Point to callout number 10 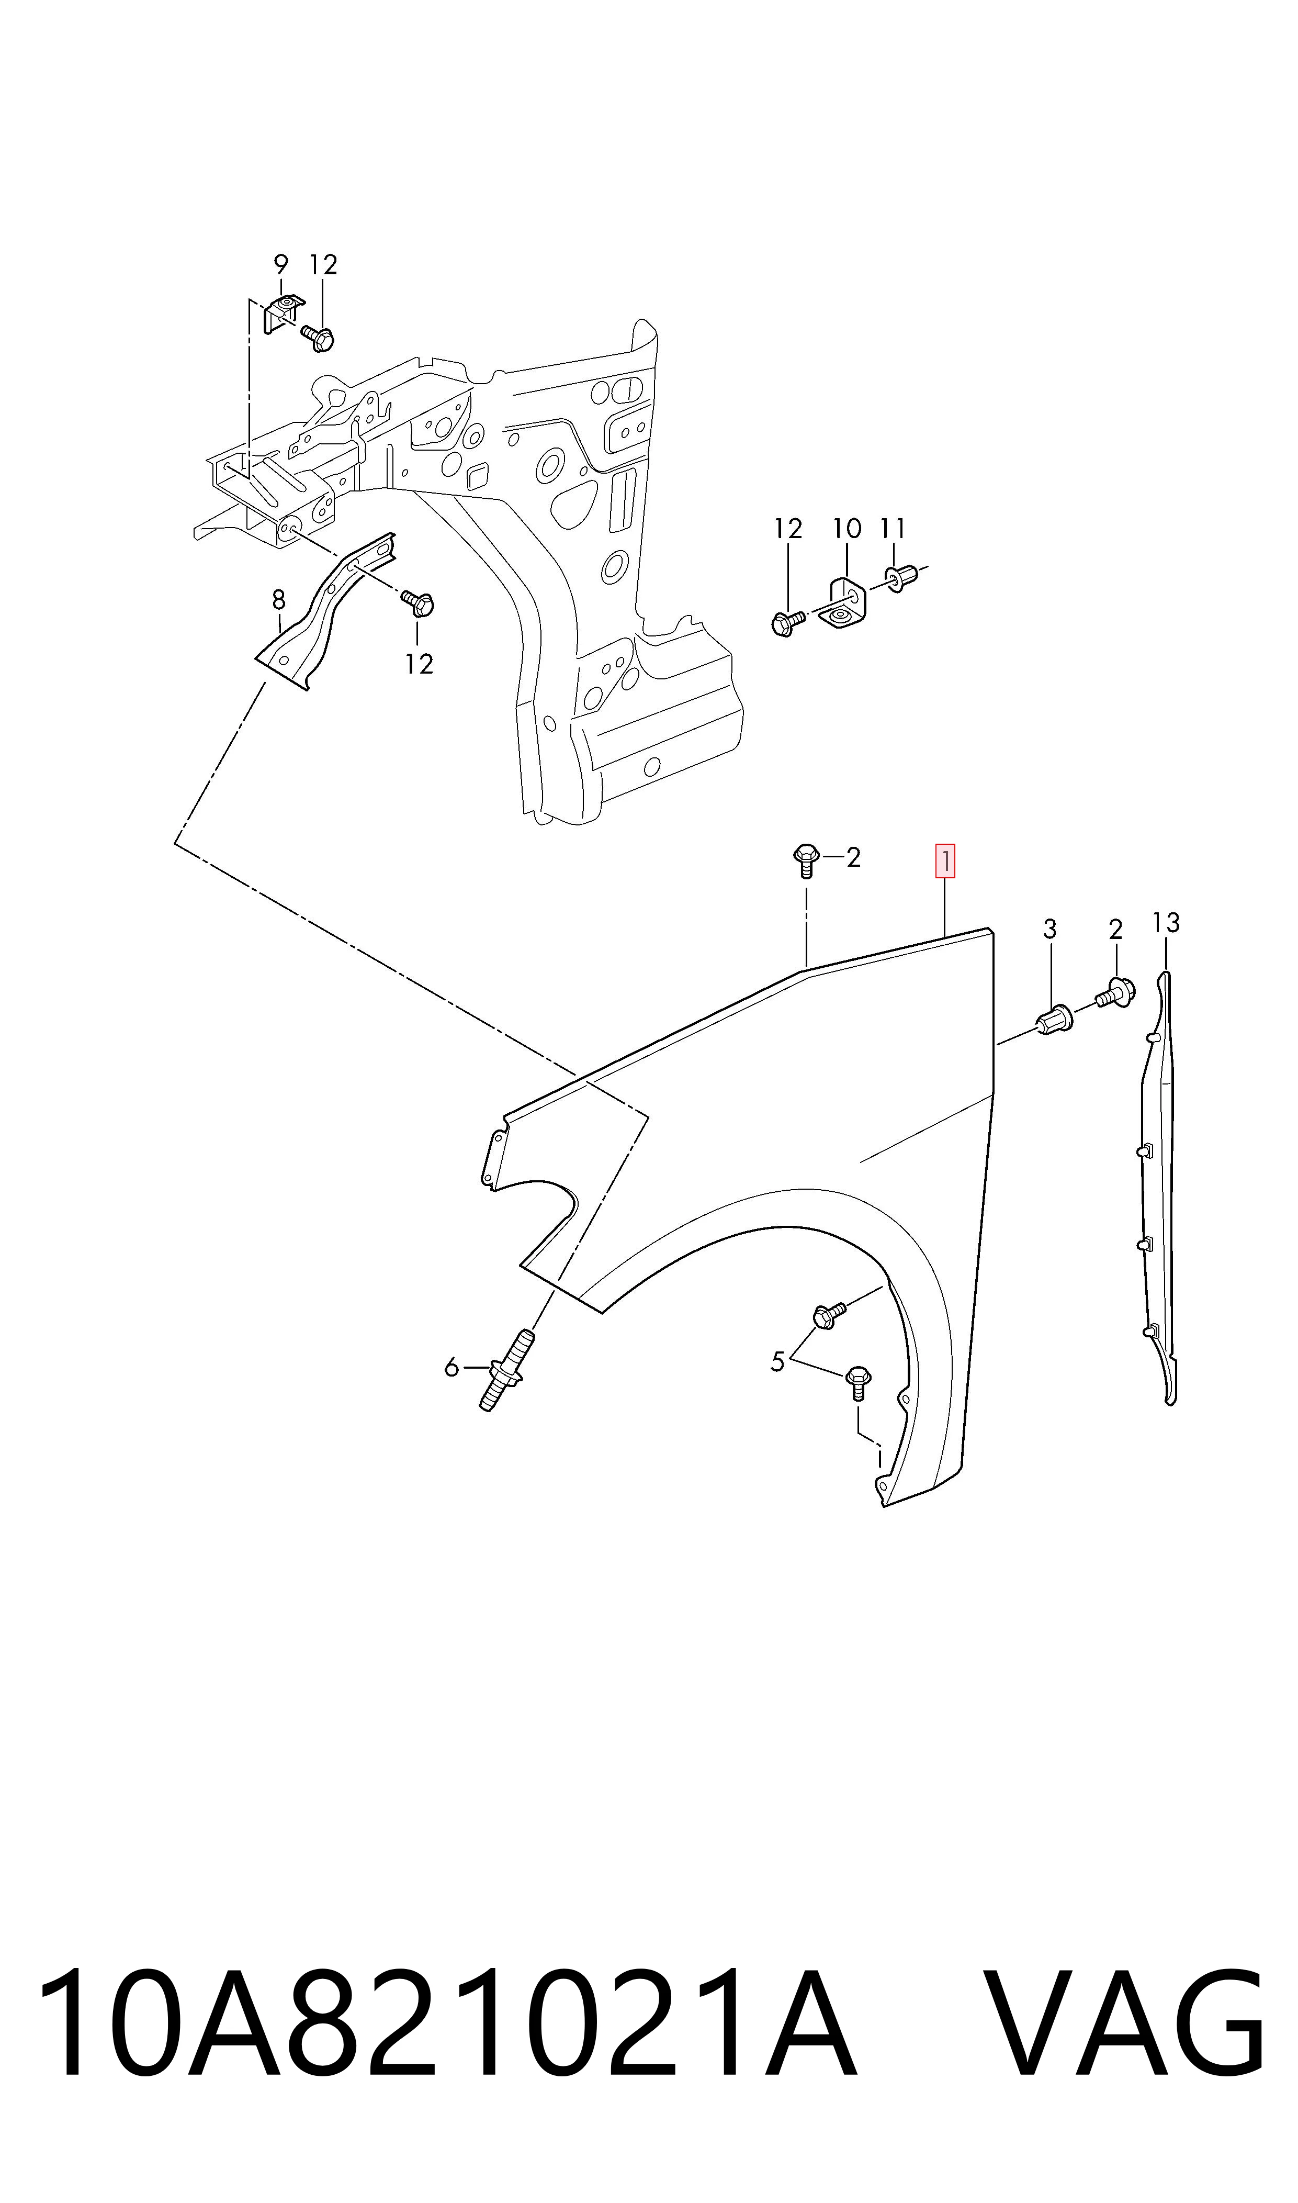click(846, 529)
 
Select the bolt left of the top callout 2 click(806, 860)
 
